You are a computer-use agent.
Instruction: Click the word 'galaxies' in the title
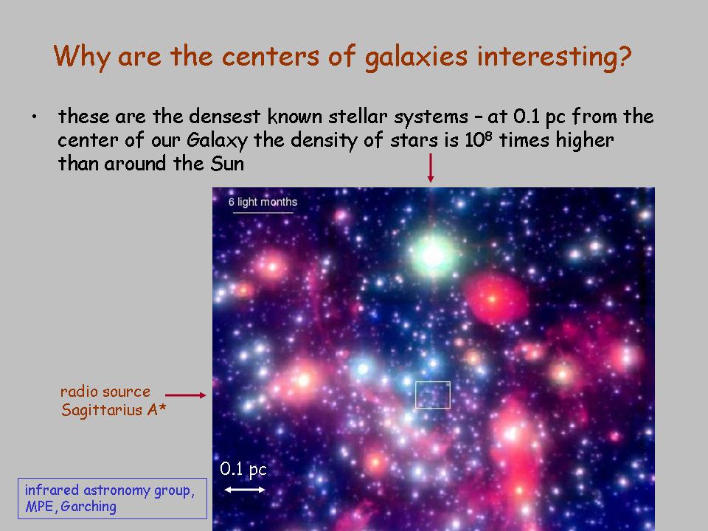pyautogui.click(x=415, y=58)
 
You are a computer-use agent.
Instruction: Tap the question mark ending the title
pyautogui.click(x=624, y=56)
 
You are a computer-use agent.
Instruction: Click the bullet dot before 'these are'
pyautogui.click(x=35, y=117)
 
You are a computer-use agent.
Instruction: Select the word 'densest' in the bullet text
pyautogui.click(x=224, y=117)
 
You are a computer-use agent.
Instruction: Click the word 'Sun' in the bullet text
pyautogui.click(x=227, y=164)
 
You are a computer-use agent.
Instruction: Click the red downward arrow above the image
pyautogui.click(x=431, y=168)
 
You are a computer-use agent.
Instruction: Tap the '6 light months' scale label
pyautogui.click(x=263, y=202)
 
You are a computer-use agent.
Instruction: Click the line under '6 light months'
pyautogui.click(x=263, y=212)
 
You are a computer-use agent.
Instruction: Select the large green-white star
pyautogui.click(x=433, y=256)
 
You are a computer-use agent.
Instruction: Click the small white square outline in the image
pyautogui.click(x=433, y=382)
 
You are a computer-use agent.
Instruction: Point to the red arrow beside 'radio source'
pyautogui.click(x=186, y=395)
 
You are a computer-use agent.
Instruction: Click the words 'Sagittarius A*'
pyautogui.click(x=114, y=410)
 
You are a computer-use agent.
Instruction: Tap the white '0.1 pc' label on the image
pyautogui.click(x=243, y=470)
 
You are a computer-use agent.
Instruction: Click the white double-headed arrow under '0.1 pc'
pyautogui.click(x=245, y=490)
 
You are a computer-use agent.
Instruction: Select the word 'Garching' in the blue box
pyautogui.click(x=88, y=507)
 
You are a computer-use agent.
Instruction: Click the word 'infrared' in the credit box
pyautogui.click(x=52, y=490)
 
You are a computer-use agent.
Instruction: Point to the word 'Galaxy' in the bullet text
pyautogui.click(x=217, y=140)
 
